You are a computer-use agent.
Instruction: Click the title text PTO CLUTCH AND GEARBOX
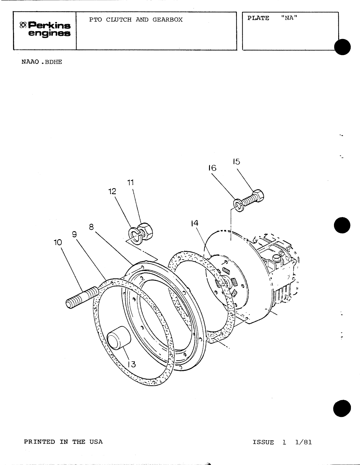click(x=136, y=20)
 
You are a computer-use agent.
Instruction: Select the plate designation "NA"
click(x=289, y=18)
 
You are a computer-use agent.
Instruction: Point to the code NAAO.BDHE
click(x=42, y=62)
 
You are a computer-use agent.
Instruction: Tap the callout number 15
click(x=236, y=162)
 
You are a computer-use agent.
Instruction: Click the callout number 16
click(x=212, y=168)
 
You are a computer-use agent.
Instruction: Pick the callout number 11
click(x=130, y=183)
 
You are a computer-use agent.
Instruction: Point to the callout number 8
click(x=91, y=227)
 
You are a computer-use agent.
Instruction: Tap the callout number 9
click(x=74, y=234)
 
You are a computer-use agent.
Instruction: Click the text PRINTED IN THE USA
click(x=63, y=442)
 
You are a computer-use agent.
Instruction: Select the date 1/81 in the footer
click(x=303, y=442)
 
